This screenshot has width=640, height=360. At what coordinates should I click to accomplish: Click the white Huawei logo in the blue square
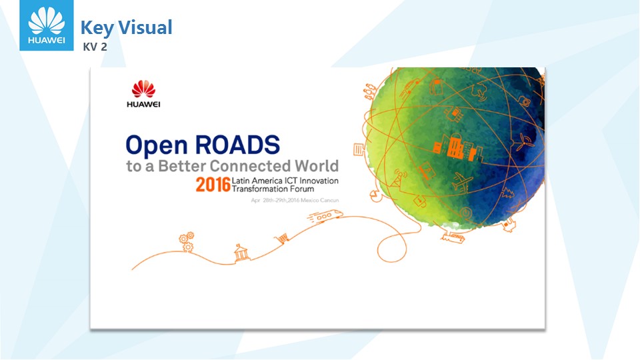point(47,25)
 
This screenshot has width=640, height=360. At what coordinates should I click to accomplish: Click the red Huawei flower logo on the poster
point(143,89)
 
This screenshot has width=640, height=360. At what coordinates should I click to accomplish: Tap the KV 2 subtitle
point(95,47)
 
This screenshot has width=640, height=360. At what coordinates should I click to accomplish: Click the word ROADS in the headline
point(237,145)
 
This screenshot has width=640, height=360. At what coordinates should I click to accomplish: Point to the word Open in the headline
point(157,146)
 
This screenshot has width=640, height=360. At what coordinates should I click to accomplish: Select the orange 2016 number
point(213,185)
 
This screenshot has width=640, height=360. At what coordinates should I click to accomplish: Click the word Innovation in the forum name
point(319,181)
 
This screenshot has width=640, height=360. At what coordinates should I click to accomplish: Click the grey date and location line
point(295,200)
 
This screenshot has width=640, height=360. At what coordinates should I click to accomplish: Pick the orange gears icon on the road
point(187,241)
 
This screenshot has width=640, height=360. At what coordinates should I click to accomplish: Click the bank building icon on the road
point(241,253)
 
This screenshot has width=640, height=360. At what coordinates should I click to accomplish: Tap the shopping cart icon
point(282,237)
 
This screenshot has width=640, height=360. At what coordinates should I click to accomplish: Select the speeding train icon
point(325,215)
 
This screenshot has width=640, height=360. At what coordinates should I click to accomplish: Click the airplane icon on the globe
point(461,181)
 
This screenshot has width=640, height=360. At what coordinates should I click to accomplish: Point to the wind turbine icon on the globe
point(523,142)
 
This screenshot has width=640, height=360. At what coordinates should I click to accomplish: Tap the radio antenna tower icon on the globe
point(398,179)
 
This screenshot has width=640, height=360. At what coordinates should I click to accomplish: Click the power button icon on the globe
point(466,213)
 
